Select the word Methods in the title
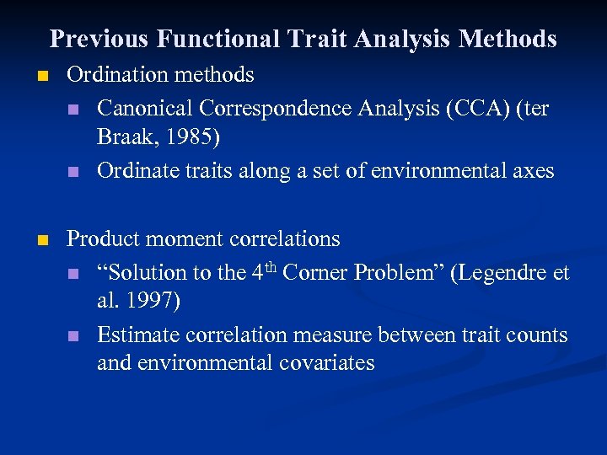pyautogui.click(x=508, y=39)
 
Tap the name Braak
pyautogui.click(x=123, y=137)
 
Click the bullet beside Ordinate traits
pyautogui.click(x=74, y=172)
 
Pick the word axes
pyautogui.click(x=533, y=171)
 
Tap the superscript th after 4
pyautogui.click(x=271, y=267)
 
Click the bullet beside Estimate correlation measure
pyautogui.click(x=74, y=336)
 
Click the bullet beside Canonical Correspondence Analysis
pyautogui.click(x=74, y=110)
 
